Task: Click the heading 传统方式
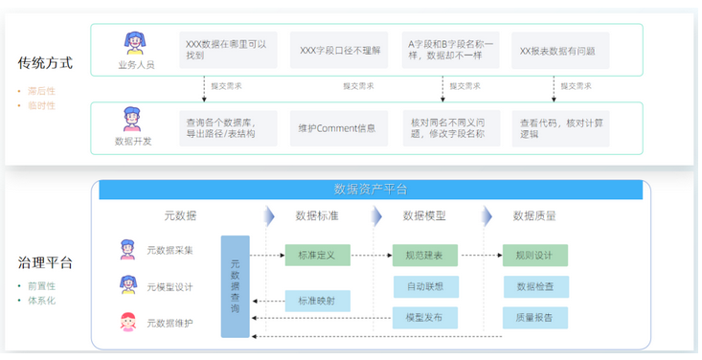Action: (x=45, y=64)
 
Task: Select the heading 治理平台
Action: (x=45, y=262)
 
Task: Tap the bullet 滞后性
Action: (x=39, y=92)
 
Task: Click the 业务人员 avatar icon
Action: (x=134, y=43)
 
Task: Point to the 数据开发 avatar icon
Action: (x=133, y=120)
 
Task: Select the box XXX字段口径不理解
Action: (x=339, y=50)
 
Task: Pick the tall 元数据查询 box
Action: (x=236, y=286)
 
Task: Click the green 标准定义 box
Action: (x=317, y=255)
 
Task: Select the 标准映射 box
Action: (x=317, y=301)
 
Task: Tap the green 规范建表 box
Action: (x=424, y=255)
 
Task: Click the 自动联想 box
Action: (x=424, y=286)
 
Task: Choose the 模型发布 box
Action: (x=424, y=318)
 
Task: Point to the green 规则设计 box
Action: (x=534, y=255)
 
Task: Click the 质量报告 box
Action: (x=534, y=318)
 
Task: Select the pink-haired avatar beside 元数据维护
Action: (x=127, y=322)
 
